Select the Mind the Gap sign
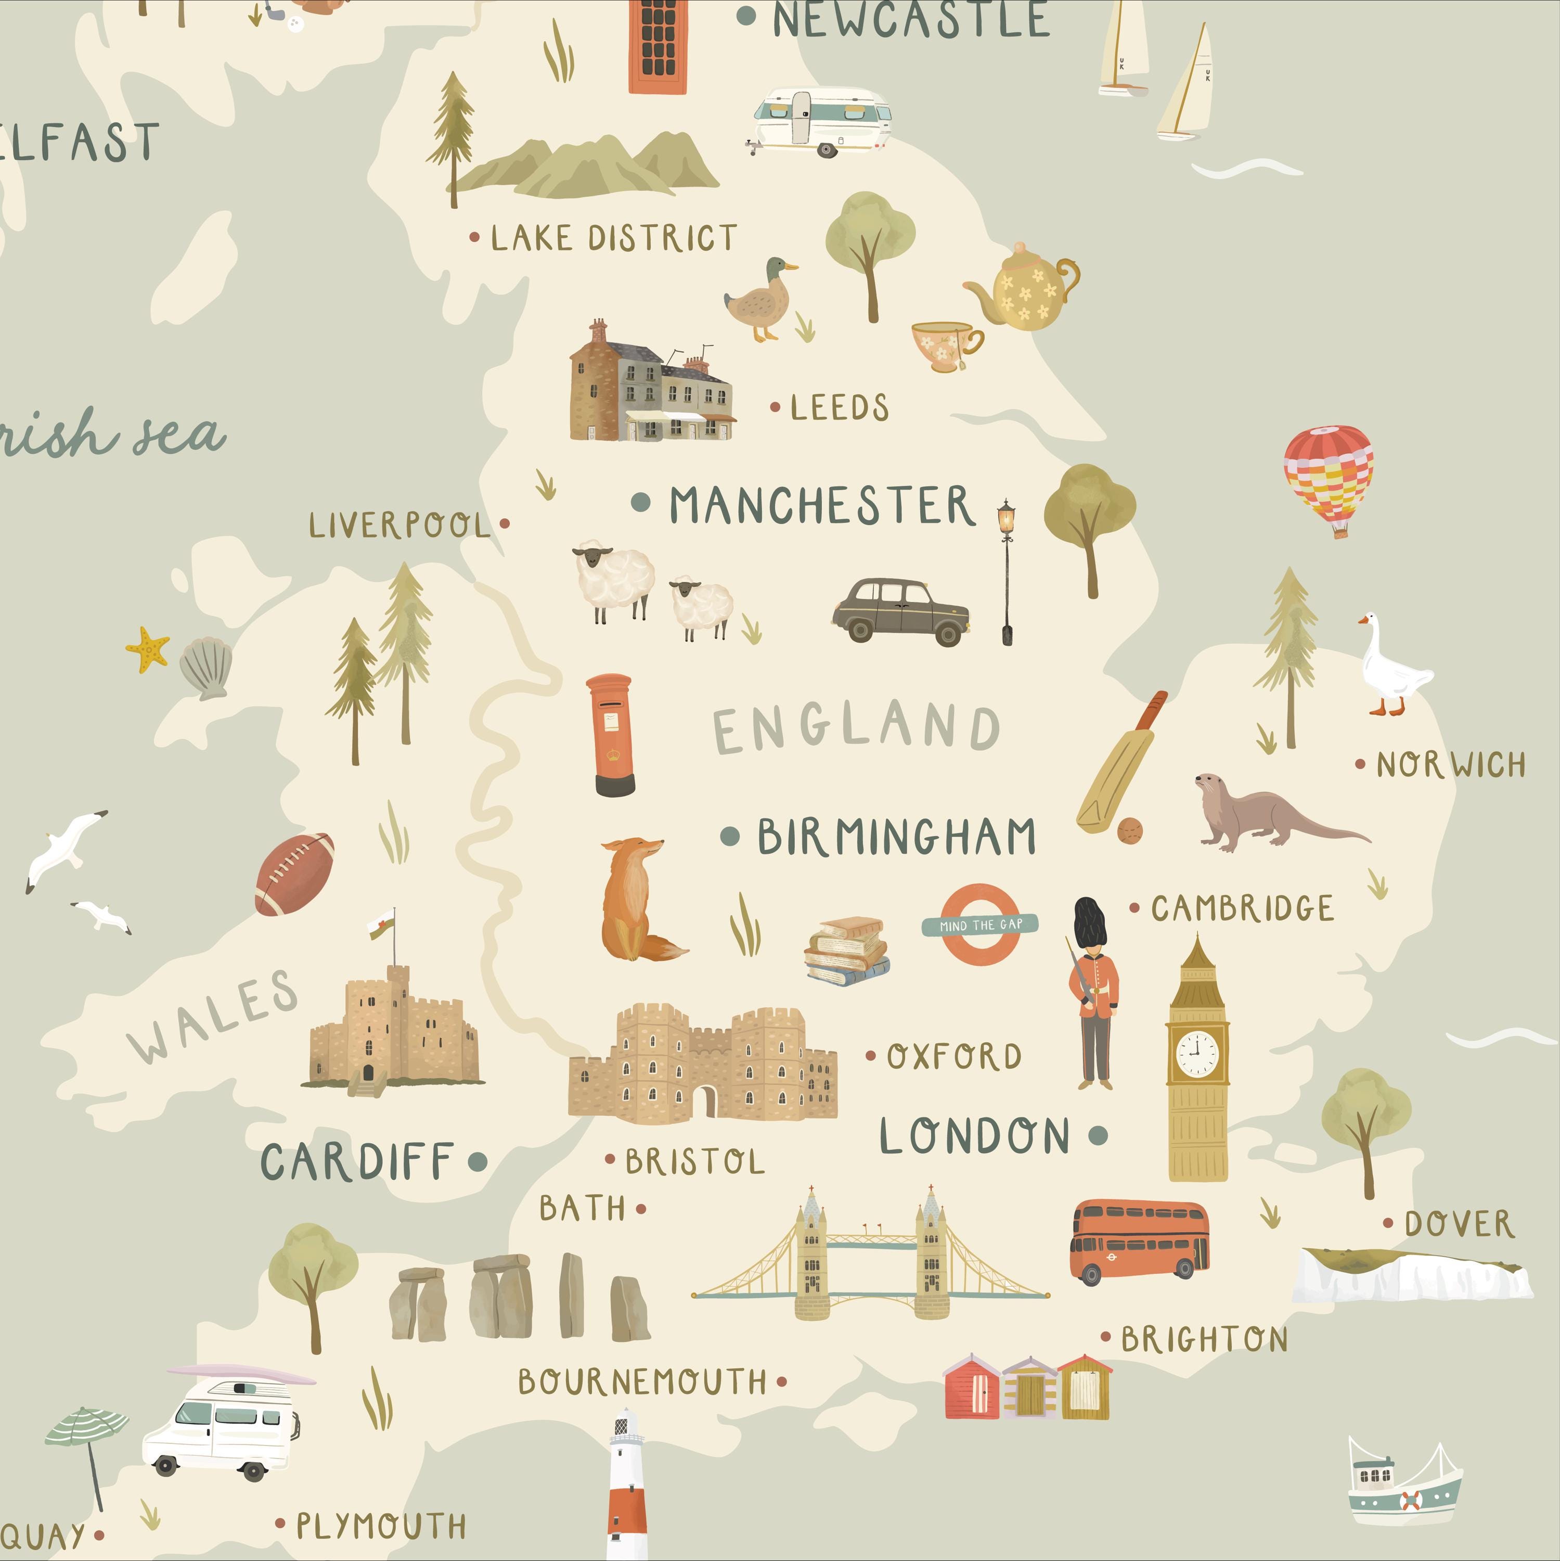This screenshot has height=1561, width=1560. click(x=980, y=924)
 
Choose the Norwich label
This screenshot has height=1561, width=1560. click(x=1450, y=764)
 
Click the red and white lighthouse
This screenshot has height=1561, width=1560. click(x=628, y=1487)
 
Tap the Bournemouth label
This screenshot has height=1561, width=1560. click(x=642, y=1381)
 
